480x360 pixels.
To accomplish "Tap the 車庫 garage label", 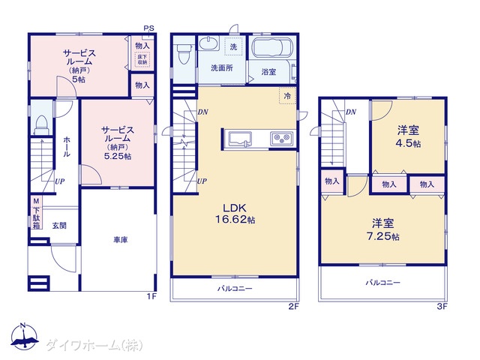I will pyautogui.click(x=120, y=240).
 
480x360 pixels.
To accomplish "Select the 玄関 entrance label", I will pyautogui.click(x=59, y=226).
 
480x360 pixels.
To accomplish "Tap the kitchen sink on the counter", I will pyautogui.click(x=241, y=139).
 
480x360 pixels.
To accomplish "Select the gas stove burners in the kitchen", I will pyautogui.click(x=281, y=138).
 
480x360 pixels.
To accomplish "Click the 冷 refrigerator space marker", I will pyautogui.click(x=287, y=95).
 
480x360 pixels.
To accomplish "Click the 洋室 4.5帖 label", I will pyautogui.click(x=408, y=136).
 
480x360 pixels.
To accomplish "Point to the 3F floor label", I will pyautogui.click(x=442, y=306).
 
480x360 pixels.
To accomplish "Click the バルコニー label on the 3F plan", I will pyautogui.click(x=382, y=283).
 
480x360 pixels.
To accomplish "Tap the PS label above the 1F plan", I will pyautogui.click(x=149, y=28).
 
